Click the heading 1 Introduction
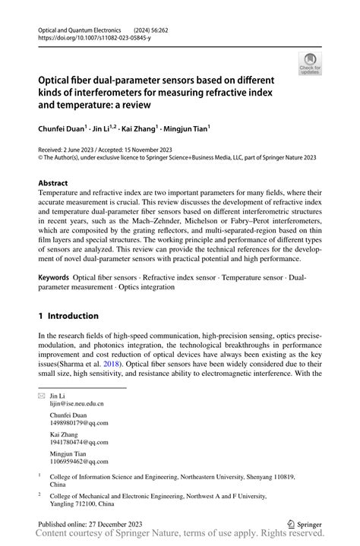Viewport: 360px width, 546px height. click(68, 316)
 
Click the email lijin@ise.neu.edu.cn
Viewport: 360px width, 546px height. click(77, 405)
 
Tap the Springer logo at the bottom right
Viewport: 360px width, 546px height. click(307, 524)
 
